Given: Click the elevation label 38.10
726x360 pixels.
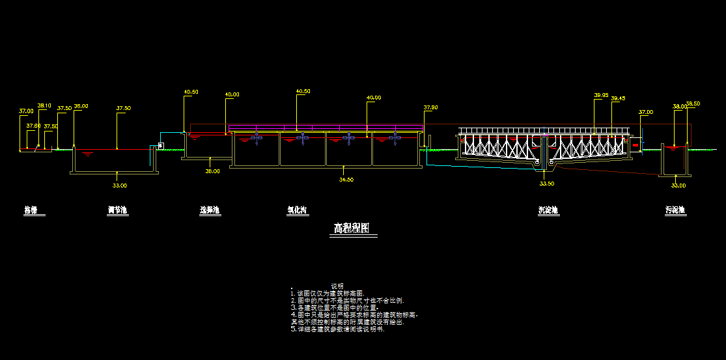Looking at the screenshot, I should coord(45,105).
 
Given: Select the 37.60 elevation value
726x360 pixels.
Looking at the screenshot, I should coord(33,126).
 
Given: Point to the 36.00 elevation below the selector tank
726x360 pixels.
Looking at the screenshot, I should coord(212,171).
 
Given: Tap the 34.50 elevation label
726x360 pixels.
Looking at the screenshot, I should coord(347,179).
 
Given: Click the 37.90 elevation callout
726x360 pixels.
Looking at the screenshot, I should coord(431,107).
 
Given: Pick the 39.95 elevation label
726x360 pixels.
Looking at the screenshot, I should coord(601,95).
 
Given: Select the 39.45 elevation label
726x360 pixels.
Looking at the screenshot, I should coord(618,98).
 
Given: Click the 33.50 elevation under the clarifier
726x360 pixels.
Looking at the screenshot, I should coord(547,184).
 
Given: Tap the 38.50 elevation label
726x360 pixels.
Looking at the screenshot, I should coord(693,104).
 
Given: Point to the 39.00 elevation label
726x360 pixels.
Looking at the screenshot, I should coord(679,106).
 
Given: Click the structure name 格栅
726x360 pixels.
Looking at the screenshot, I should coord(31,211).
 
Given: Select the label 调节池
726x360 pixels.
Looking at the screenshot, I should coord(118,211).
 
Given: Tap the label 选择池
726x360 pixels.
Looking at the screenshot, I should coord(210,211).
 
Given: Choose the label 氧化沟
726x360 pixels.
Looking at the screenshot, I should coord(297,211).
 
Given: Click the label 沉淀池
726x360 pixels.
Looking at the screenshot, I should coord(548,211).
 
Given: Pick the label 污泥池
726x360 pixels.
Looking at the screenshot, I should coord(675,211).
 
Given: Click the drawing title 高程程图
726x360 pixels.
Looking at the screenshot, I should coord(352,228).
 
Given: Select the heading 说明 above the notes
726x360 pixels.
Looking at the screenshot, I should coord(337,286).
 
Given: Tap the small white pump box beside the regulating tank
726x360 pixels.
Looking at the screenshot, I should coord(161,145).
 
